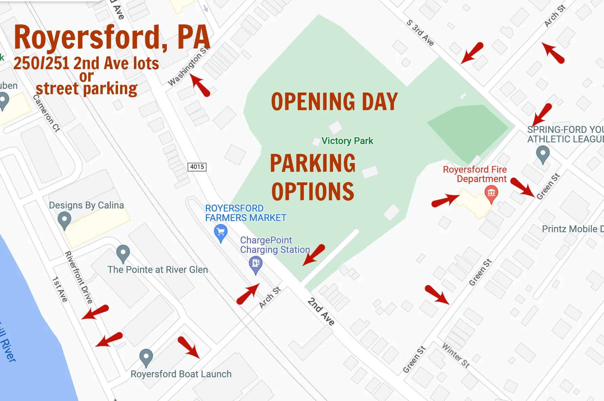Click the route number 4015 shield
[x=197, y=167]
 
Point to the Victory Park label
[x=347, y=141]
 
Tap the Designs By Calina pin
[x=64, y=220]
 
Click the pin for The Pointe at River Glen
[x=123, y=253]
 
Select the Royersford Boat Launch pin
[x=146, y=357]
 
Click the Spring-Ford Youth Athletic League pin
[x=543, y=154]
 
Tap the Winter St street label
[x=456, y=355]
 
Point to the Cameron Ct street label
[x=46, y=113]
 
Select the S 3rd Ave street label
[x=420, y=33]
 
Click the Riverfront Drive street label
[x=79, y=277]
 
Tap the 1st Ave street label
[x=60, y=289]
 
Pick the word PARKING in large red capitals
[x=313, y=163]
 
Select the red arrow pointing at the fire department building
[x=445, y=200]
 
